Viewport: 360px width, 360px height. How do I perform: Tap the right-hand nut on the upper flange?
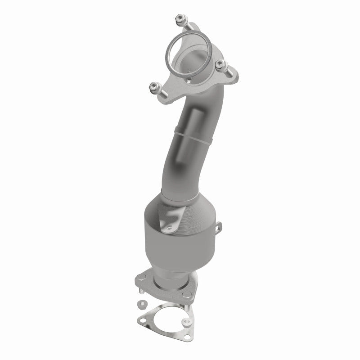pos(220,65)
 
